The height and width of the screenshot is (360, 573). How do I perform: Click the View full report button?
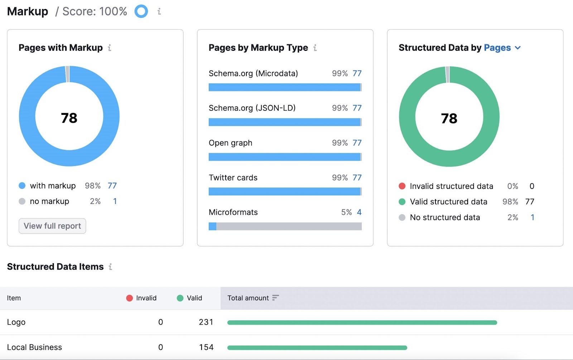[52, 226]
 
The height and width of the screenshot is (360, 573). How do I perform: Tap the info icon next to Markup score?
[159, 11]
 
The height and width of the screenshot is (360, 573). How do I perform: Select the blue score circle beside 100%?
[141, 11]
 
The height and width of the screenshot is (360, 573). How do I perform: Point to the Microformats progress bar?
[285, 226]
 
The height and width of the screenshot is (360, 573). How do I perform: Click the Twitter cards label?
[233, 177]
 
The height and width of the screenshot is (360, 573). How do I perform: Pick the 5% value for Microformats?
[346, 212]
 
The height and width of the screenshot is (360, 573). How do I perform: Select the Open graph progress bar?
[285, 157]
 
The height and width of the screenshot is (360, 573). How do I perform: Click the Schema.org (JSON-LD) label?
[252, 108]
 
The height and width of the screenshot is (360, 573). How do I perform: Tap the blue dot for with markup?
[22, 186]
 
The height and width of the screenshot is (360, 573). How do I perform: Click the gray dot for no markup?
[22, 201]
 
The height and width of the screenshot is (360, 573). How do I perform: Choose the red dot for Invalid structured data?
[402, 186]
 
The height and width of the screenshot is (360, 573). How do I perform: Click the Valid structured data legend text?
[448, 202]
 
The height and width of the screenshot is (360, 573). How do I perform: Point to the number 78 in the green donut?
[449, 118]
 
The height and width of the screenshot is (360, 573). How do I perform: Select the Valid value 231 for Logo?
[206, 322]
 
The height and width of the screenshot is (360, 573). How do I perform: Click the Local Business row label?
[34, 347]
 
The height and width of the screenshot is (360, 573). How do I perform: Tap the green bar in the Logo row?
[362, 322]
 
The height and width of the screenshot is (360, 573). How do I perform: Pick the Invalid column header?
[142, 298]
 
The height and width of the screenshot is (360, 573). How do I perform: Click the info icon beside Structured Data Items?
[110, 267]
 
